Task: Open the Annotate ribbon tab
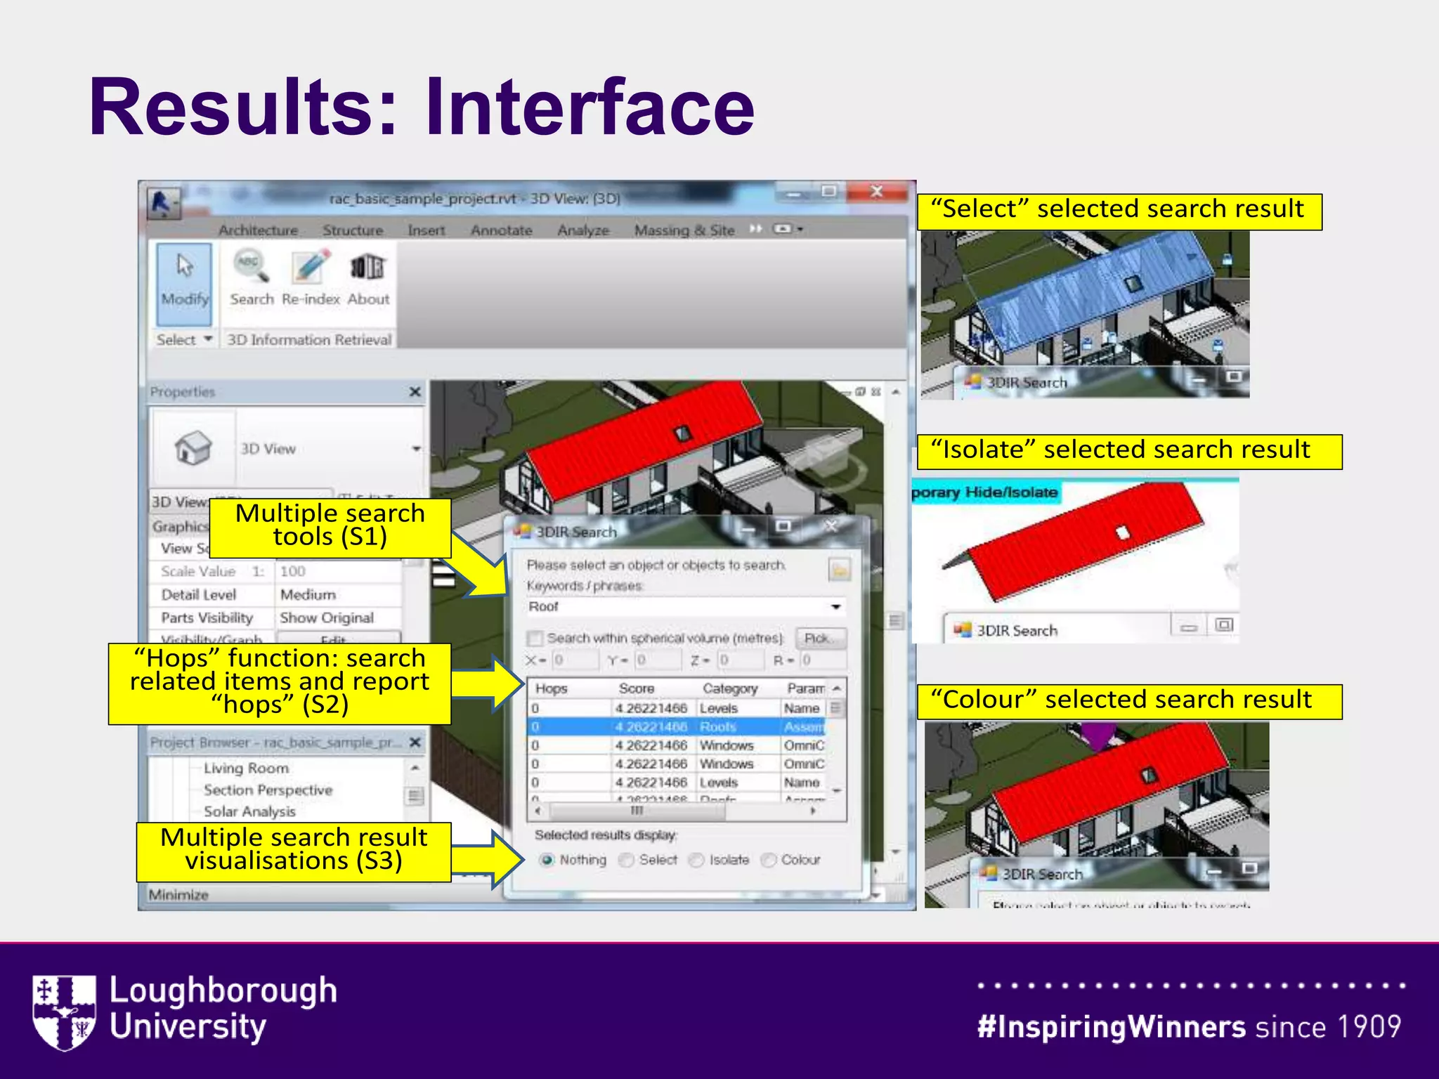tap(501, 230)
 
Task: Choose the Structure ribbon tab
tap(353, 230)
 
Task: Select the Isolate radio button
tap(697, 860)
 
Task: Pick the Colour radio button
tap(769, 860)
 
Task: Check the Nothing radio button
tap(547, 860)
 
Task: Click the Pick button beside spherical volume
tap(820, 638)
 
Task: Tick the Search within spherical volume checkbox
tap(535, 638)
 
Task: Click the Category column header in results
tap(730, 688)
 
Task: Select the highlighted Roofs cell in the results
tap(718, 726)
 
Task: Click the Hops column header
tap(551, 688)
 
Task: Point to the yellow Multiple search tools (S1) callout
tap(330, 526)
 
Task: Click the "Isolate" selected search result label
tap(1128, 450)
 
